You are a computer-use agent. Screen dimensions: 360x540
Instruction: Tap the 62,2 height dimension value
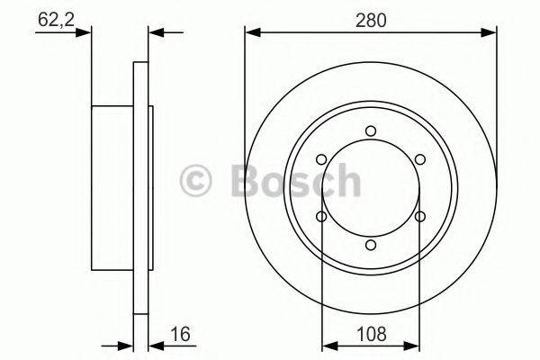point(56,18)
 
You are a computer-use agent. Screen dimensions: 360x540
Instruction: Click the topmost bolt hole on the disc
point(371,132)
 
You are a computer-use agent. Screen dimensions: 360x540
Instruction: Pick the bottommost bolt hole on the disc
point(371,246)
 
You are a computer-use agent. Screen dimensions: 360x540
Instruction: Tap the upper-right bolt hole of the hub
point(419,160)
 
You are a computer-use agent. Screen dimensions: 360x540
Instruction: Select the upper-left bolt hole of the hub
point(321,160)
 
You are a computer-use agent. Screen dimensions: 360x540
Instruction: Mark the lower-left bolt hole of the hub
point(321,217)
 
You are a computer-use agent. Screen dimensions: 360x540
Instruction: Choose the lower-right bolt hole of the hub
point(419,217)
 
